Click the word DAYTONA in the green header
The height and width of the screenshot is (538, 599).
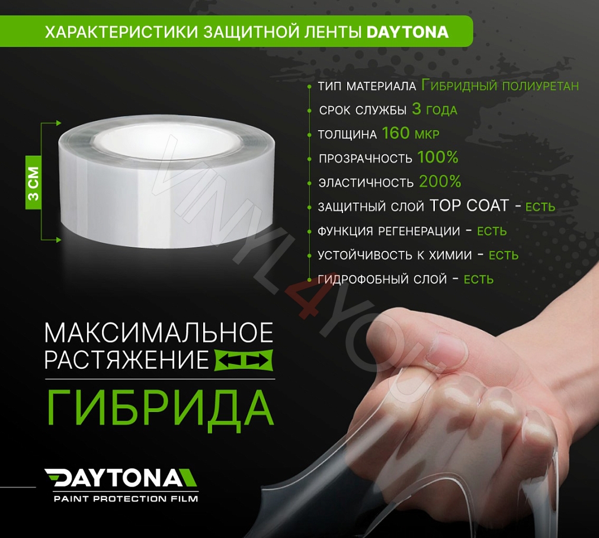[x=408, y=31]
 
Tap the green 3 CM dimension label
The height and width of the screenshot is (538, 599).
[x=33, y=183]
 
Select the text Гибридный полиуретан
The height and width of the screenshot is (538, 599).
[x=499, y=86]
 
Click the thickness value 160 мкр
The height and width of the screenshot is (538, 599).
[x=411, y=134]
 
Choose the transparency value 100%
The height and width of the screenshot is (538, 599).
[x=438, y=158]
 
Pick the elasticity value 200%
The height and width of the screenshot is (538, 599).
[x=440, y=182]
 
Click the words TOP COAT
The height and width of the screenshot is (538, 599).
[x=469, y=206]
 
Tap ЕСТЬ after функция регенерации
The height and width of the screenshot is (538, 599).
[x=492, y=231]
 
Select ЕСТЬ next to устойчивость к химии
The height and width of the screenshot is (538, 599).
[x=503, y=256]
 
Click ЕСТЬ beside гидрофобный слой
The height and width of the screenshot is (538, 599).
[x=478, y=279]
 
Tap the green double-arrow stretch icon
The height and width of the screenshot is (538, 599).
[x=243, y=360]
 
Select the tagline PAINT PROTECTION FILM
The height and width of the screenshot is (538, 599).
[x=126, y=498]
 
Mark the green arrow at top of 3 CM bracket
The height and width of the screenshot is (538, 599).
[x=58, y=124]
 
